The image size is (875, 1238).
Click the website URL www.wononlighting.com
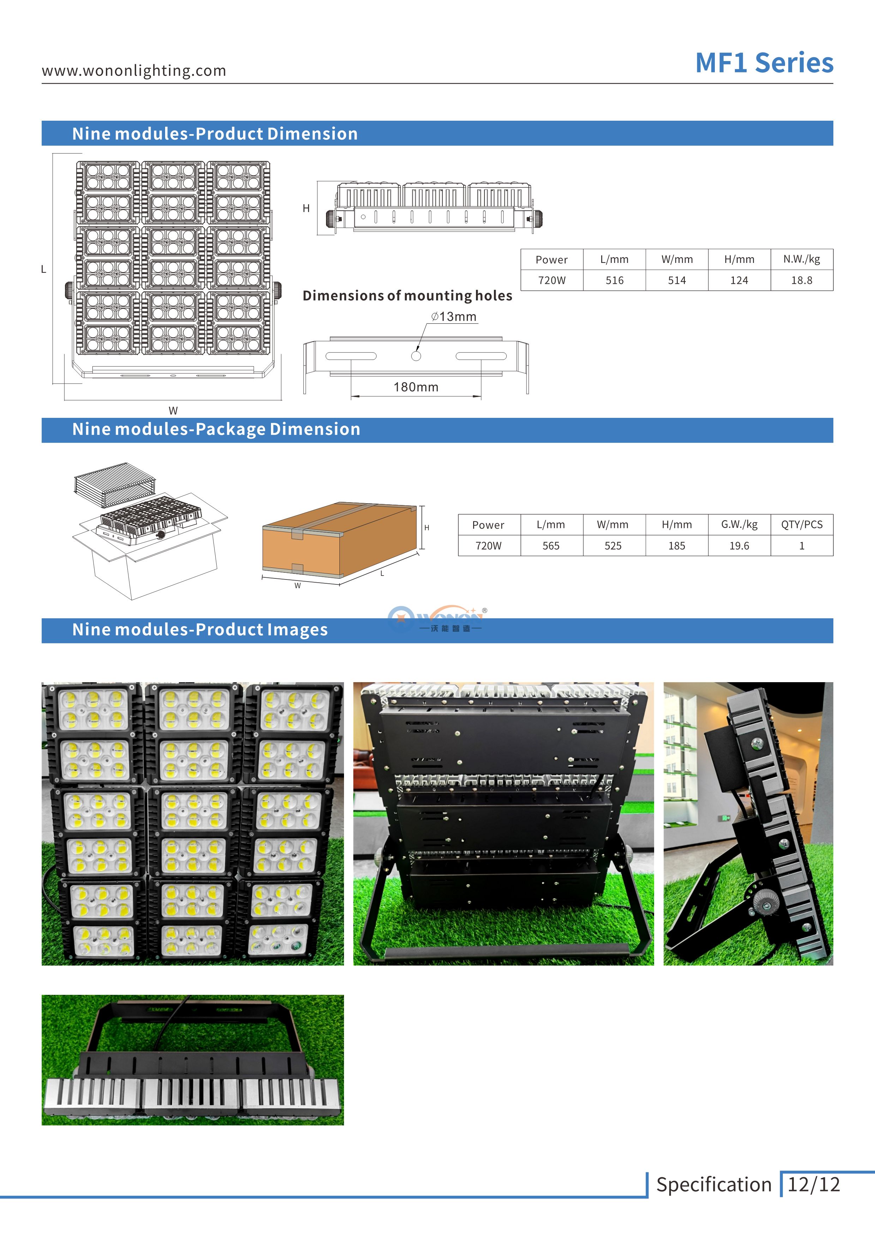tap(134, 71)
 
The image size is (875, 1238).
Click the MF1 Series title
tap(764, 63)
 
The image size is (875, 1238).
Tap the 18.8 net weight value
tap(801, 280)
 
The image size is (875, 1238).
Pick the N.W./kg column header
tap(801, 259)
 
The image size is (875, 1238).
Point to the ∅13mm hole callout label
tap(454, 317)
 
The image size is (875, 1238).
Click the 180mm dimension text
tap(416, 387)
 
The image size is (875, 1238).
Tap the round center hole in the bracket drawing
tap(416, 356)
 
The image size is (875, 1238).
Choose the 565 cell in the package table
tap(551, 546)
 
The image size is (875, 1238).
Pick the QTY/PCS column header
tap(801, 525)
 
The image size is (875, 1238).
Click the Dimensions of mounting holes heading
tap(407, 295)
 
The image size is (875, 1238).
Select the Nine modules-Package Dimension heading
tap(216, 429)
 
